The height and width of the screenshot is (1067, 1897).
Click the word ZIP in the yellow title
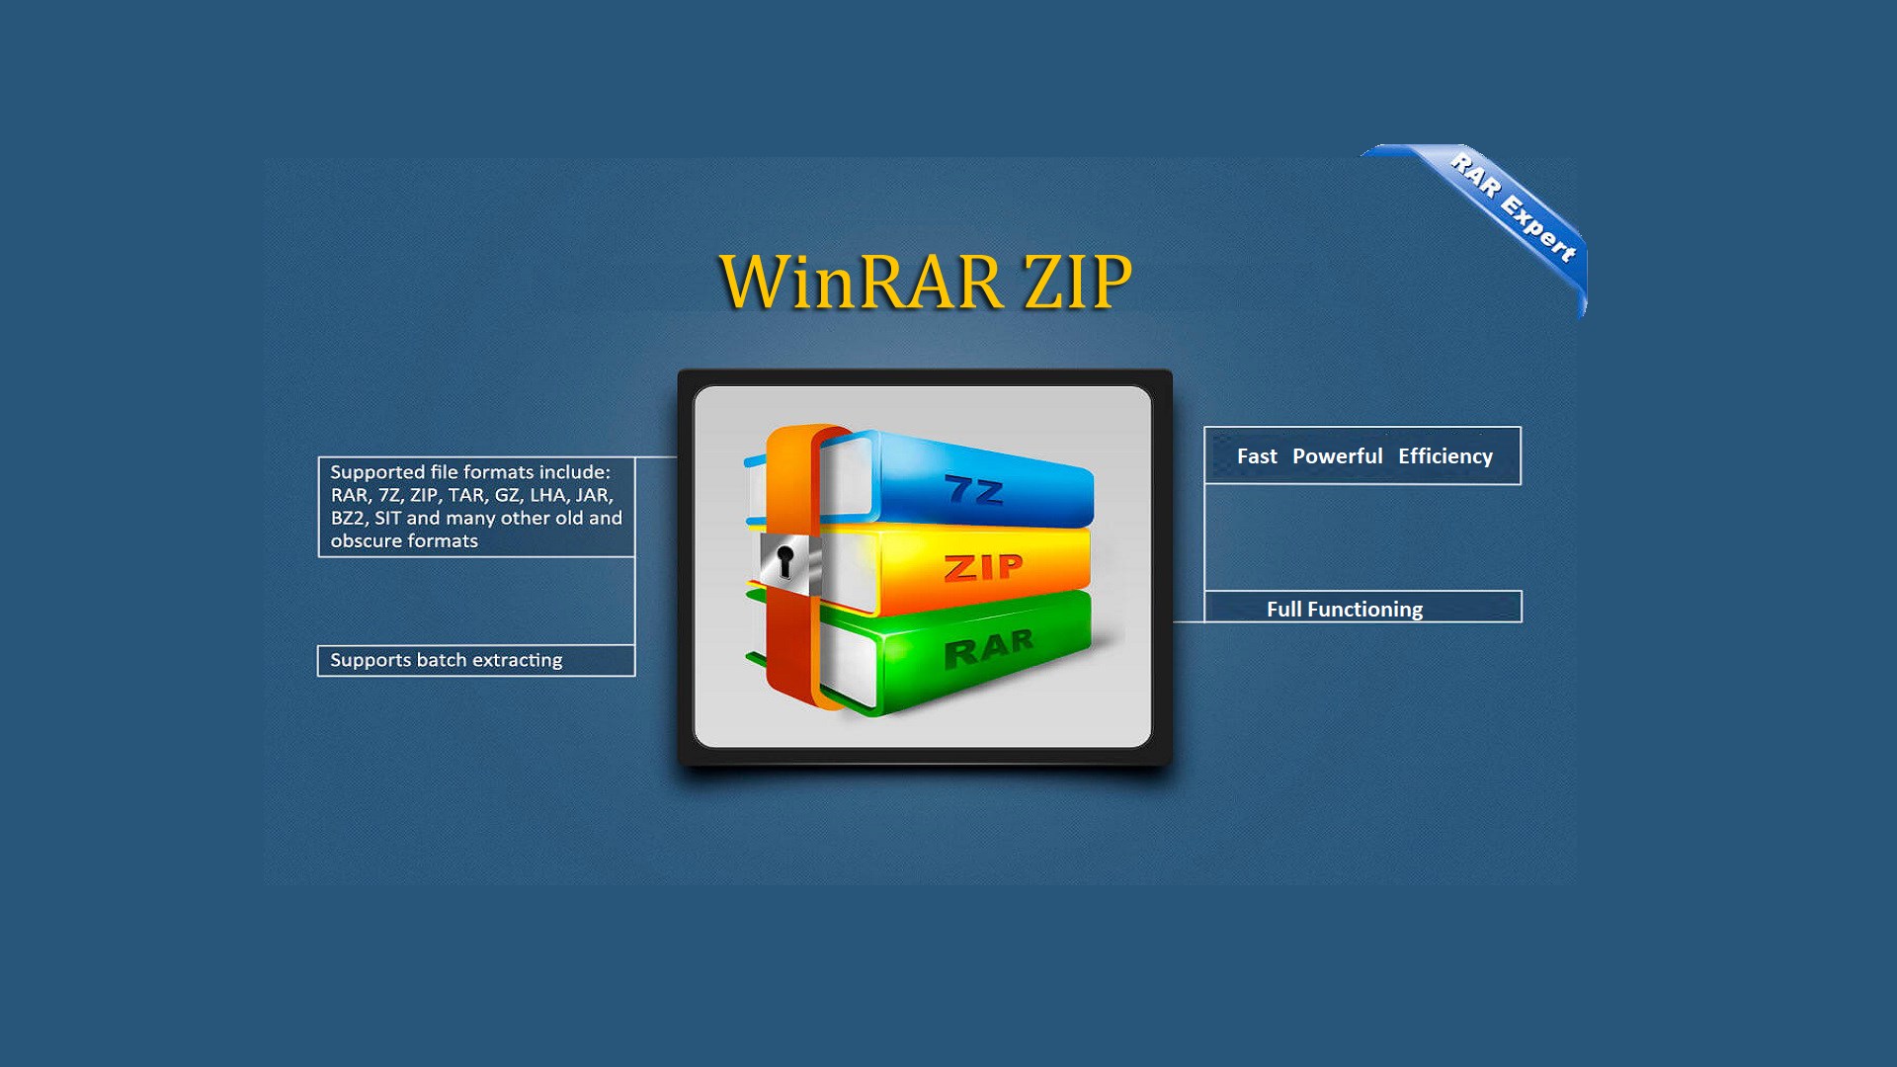1078,282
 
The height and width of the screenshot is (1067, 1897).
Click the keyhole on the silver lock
784,561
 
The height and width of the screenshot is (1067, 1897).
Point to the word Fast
1257,456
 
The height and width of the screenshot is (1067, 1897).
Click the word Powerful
1337,456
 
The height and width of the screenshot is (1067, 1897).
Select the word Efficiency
1444,456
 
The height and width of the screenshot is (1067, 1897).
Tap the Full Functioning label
1345,610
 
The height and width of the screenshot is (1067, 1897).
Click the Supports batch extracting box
475,660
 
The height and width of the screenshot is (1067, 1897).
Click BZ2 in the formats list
349,519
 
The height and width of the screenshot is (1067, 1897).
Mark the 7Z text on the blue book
974,490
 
